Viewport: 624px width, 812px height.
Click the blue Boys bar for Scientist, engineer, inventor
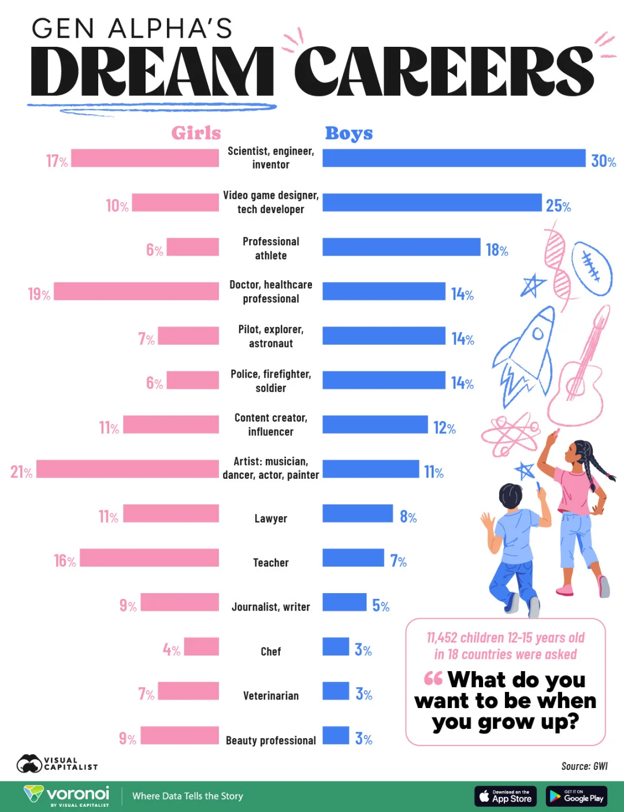[454, 158]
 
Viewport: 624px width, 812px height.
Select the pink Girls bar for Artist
[128, 469]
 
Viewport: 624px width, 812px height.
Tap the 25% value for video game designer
[558, 206]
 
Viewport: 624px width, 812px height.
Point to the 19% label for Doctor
[39, 294]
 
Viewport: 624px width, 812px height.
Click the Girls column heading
[196, 133]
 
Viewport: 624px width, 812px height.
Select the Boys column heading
[349, 133]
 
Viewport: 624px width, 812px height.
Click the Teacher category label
[270, 563]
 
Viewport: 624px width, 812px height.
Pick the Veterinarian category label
[270, 696]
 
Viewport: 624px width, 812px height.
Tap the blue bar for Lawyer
[357, 513]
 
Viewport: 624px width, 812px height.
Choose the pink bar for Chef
[201, 647]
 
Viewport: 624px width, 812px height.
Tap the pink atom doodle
[510, 433]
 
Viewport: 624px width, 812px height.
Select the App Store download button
[506, 796]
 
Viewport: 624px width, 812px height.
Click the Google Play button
[576, 796]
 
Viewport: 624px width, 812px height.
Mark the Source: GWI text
[584, 766]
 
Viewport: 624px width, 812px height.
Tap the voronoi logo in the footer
[66, 795]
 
